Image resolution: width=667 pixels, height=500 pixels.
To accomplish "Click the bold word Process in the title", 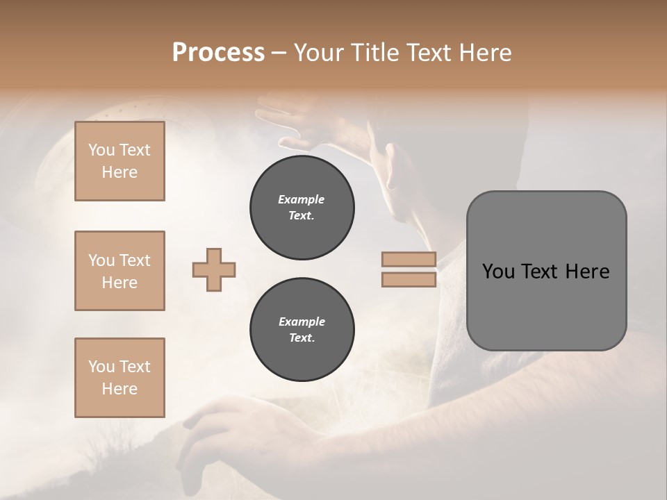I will (x=218, y=53).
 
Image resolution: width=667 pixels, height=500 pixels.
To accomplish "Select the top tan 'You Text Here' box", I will (x=120, y=161).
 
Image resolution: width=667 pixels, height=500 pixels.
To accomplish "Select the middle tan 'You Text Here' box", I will (x=120, y=271).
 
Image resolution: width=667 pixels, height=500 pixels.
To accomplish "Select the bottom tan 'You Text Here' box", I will (x=120, y=378).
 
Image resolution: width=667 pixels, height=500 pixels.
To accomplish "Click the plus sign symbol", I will (x=214, y=269).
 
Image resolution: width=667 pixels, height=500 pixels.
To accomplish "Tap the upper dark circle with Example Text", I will (x=302, y=208).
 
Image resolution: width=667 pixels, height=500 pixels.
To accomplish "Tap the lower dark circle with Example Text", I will (x=302, y=330).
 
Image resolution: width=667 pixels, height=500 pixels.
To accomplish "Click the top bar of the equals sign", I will (x=409, y=259).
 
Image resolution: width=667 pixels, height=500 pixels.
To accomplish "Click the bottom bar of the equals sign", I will (x=409, y=279).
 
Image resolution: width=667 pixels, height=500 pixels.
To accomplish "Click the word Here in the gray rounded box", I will (x=587, y=272).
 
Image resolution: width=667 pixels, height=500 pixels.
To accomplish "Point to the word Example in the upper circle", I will (x=302, y=199).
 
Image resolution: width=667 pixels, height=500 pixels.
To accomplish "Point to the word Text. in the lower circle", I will (x=302, y=338).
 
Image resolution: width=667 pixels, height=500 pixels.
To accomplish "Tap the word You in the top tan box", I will (x=101, y=150).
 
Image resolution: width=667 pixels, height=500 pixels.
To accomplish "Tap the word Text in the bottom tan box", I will (x=135, y=367).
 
